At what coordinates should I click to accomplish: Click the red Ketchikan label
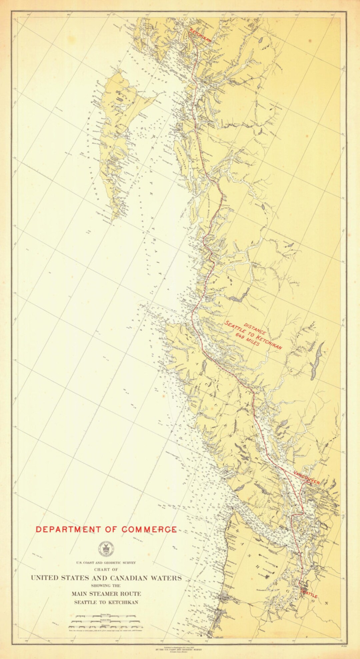point(200,35)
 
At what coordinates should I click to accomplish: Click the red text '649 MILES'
point(247,339)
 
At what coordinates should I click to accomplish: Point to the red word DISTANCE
point(255,329)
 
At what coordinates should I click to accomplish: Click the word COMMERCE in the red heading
point(149,529)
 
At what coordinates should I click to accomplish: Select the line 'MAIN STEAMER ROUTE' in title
point(106,593)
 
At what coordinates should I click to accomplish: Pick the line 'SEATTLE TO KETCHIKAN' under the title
point(106,602)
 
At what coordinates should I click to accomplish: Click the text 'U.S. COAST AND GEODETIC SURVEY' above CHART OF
point(106,563)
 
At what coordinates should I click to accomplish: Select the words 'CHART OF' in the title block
point(106,569)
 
